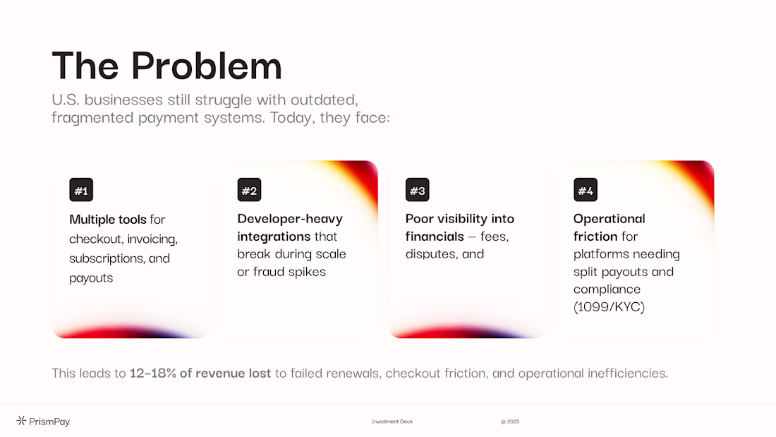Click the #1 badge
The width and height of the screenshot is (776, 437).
point(81,190)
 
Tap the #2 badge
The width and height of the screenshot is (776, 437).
point(249,190)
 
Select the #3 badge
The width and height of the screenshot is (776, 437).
point(417,190)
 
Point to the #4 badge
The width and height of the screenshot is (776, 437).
point(586,190)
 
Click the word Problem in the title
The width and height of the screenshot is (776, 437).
point(207,66)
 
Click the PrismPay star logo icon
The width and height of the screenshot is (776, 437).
point(21,421)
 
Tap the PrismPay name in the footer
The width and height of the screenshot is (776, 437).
point(49,421)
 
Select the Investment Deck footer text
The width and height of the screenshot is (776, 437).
point(392,421)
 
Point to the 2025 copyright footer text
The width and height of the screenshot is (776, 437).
point(510,421)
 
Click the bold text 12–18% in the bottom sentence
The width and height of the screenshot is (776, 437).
point(153,373)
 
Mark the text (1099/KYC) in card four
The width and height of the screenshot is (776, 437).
point(609,306)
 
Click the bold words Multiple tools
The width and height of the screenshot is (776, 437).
point(108,219)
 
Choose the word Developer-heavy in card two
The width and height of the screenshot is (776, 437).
point(290,219)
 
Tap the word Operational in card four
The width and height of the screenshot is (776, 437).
point(610,219)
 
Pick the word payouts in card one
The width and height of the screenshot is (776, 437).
point(91,278)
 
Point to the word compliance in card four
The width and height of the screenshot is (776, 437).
point(607,289)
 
